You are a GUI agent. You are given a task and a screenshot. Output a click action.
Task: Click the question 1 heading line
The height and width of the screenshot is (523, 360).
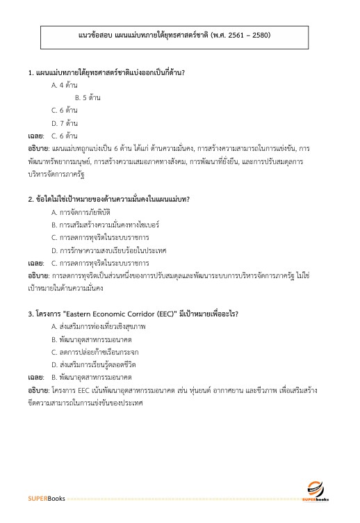[x=110, y=72]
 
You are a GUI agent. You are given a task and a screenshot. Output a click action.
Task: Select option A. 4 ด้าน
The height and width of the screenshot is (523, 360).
[x=65, y=85]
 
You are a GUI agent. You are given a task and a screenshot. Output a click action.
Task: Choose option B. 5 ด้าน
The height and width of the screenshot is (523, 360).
[x=88, y=97]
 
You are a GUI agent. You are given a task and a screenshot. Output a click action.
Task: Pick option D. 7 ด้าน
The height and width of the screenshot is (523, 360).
[x=65, y=122]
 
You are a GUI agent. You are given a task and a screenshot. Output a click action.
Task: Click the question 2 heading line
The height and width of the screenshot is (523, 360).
[x=109, y=200]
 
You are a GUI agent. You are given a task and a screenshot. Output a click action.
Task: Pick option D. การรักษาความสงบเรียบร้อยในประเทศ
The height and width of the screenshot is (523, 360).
[x=103, y=250]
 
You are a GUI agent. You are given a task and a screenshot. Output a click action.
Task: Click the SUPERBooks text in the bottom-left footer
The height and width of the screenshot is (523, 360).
[x=47, y=499]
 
